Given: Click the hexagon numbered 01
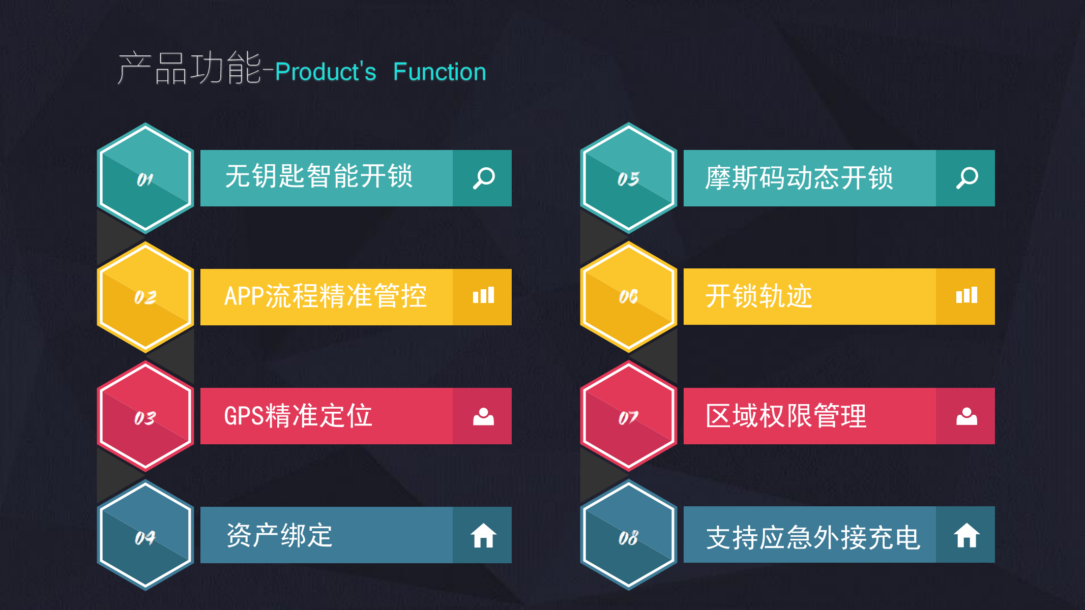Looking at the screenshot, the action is (145, 178).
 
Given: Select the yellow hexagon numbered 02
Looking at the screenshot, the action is (145, 297).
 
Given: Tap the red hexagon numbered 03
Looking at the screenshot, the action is (145, 416).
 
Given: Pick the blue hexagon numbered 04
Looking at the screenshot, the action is (145, 535).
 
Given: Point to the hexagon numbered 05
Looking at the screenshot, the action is (629, 178).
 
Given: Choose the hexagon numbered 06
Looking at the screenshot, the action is (629, 297).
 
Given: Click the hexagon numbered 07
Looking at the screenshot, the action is (629, 416).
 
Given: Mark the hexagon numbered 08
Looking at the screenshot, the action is (629, 535).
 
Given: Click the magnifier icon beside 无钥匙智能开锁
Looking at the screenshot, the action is (484, 178).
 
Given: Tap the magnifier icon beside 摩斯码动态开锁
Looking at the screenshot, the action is (967, 178).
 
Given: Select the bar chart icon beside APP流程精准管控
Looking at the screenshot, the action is (483, 295).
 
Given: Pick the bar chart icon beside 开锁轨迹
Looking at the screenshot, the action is (966, 295).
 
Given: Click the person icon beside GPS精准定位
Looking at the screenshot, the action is (483, 416).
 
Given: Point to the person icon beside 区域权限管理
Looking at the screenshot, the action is (966, 416).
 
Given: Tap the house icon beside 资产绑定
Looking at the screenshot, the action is (483, 536).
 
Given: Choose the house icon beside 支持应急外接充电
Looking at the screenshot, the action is (966, 535).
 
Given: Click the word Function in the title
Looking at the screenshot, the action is (439, 72).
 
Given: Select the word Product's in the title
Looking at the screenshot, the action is (326, 72).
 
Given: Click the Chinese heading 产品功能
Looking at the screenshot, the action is (189, 68).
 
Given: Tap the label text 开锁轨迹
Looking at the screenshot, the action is (758, 296).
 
